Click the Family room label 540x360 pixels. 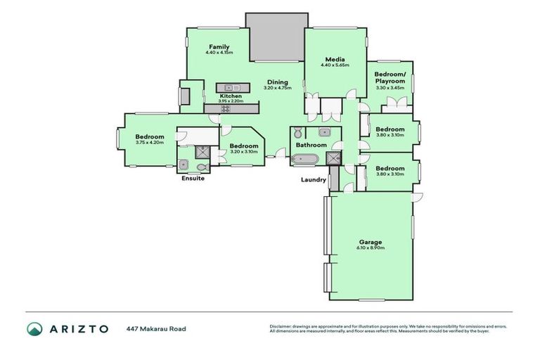click(x=219, y=46)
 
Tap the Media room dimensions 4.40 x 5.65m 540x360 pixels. click(x=333, y=65)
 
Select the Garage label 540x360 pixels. click(x=370, y=242)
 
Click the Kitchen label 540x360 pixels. click(x=231, y=96)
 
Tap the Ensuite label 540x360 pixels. click(x=193, y=179)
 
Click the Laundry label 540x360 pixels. click(x=313, y=179)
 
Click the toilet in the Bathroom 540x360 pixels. click(x=297, y=133)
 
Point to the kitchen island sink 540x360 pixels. click(x=228, y=87)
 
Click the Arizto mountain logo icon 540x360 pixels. click(x=34, y=328)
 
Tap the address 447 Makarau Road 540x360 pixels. click(x=156, y=328)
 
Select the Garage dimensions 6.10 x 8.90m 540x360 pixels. click(x=370, y=248)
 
